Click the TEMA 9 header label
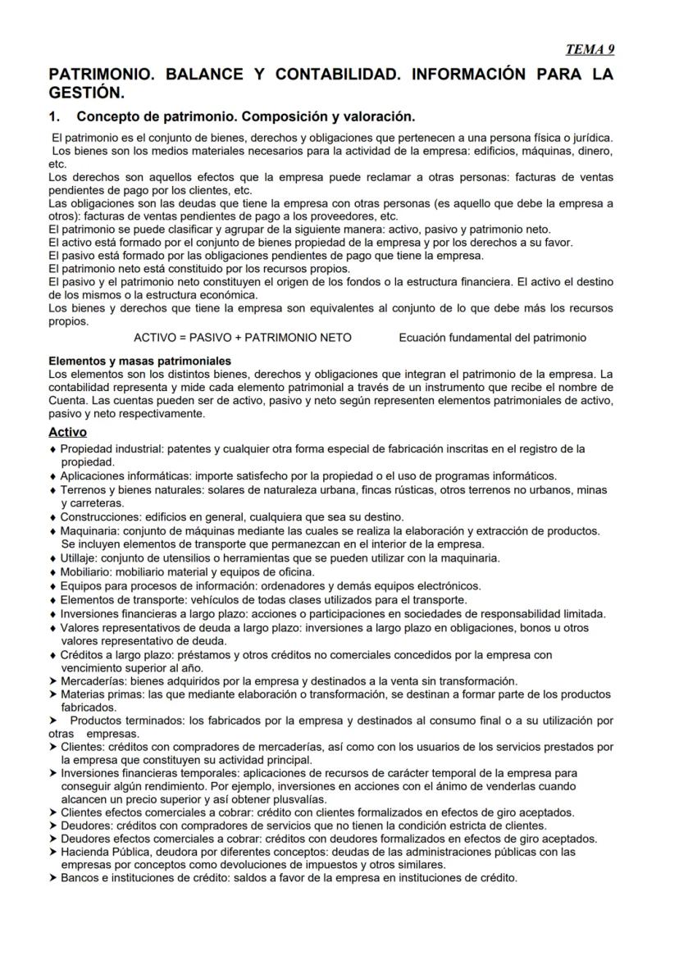[x=590, y=49]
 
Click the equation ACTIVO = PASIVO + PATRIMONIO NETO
[x=243, y=338]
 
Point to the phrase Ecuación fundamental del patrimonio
[x=492, y=338]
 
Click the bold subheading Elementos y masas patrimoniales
[x=139, y=361]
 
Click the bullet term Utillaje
[x=80, y=558]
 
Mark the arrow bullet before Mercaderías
[x=53, y=681]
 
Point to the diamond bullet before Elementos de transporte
[x=53, y=600]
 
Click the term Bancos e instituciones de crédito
[x=144, y=877]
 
